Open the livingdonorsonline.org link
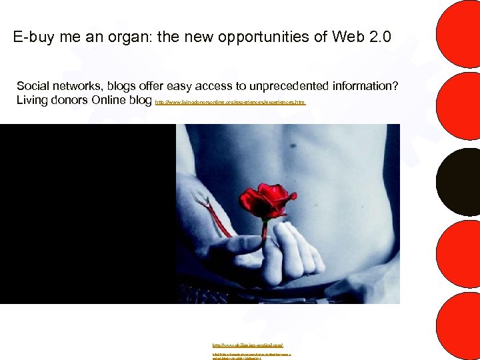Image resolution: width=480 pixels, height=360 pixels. point(230,103)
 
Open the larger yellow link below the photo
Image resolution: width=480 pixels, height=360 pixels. point(248,345)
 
